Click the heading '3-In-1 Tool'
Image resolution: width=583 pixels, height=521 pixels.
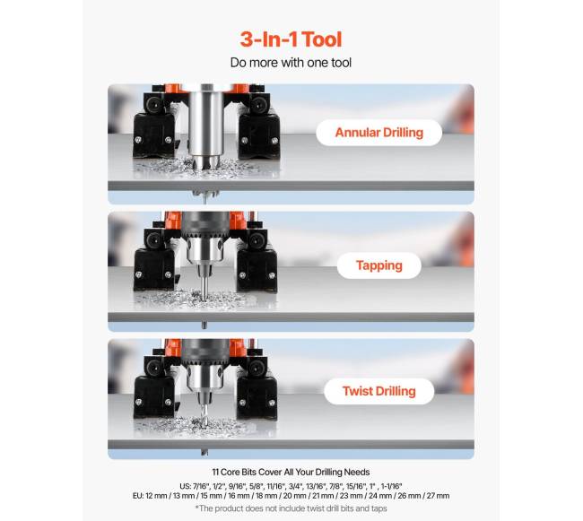(x=291, y=39)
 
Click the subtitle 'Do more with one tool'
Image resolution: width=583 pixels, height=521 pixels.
(x=291, y=63)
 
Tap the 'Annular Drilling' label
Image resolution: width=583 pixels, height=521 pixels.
(x=379, y=133)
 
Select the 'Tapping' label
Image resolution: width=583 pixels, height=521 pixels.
(x=379, y=265)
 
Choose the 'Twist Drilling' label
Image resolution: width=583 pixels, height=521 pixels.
(x=379, y=391)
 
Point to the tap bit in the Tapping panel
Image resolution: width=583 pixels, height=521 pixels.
(x=204, y=282)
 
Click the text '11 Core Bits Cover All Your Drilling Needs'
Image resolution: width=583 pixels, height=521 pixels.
(x=291, y=473)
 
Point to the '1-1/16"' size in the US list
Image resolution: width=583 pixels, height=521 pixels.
(x=392, y=486)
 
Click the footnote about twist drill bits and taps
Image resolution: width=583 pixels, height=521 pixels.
(x=291, y=508)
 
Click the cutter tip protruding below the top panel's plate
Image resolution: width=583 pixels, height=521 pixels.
(x=204, y=196)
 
